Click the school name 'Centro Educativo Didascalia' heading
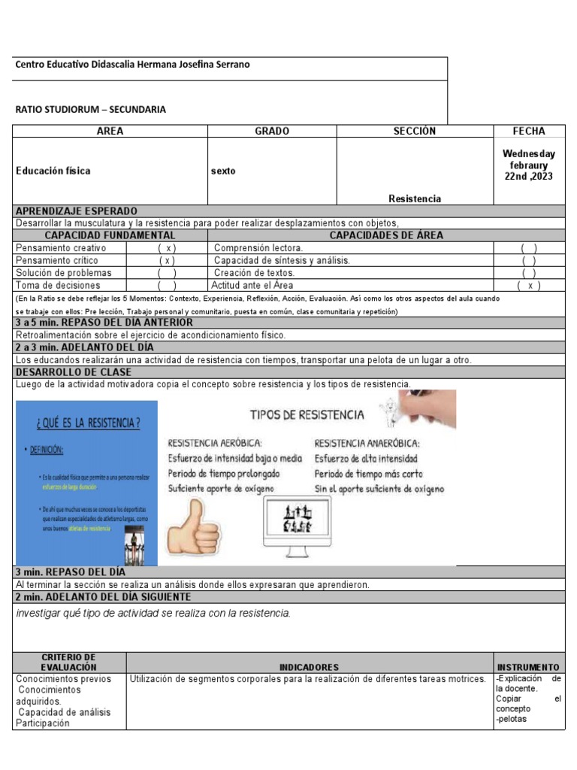(x=132, y=65)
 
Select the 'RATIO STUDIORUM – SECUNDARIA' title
(x=90, y=109)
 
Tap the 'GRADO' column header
(x=271, y=131)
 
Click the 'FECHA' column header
(x=529, y=131)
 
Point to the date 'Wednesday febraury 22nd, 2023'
(x=529, y=165)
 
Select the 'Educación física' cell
(x=53, y=171)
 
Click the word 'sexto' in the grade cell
(x=223, y=171)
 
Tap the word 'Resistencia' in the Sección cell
(x=415, y=199)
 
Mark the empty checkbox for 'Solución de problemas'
(x=167, y=273)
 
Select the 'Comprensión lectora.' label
(x=258, y=248)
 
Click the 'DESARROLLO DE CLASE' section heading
(x=73, y=372)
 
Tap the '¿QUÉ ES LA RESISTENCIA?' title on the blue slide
(x=88, y=423)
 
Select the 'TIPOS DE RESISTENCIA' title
(x=307, y=415)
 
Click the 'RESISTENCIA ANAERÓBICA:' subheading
(x=367, y=443)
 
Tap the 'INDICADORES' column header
(x=309, y=667)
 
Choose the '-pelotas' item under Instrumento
(x=511, y=719)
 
